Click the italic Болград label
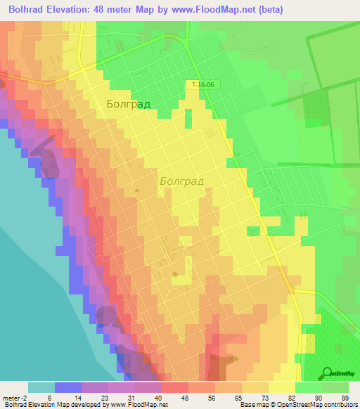click(x=181, y=181)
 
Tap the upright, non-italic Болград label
click(x=128, y=105)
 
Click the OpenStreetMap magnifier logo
click(x=328, y=373)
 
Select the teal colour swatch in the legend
click(x=41, y=387)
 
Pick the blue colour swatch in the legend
click(x=67, y=387)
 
